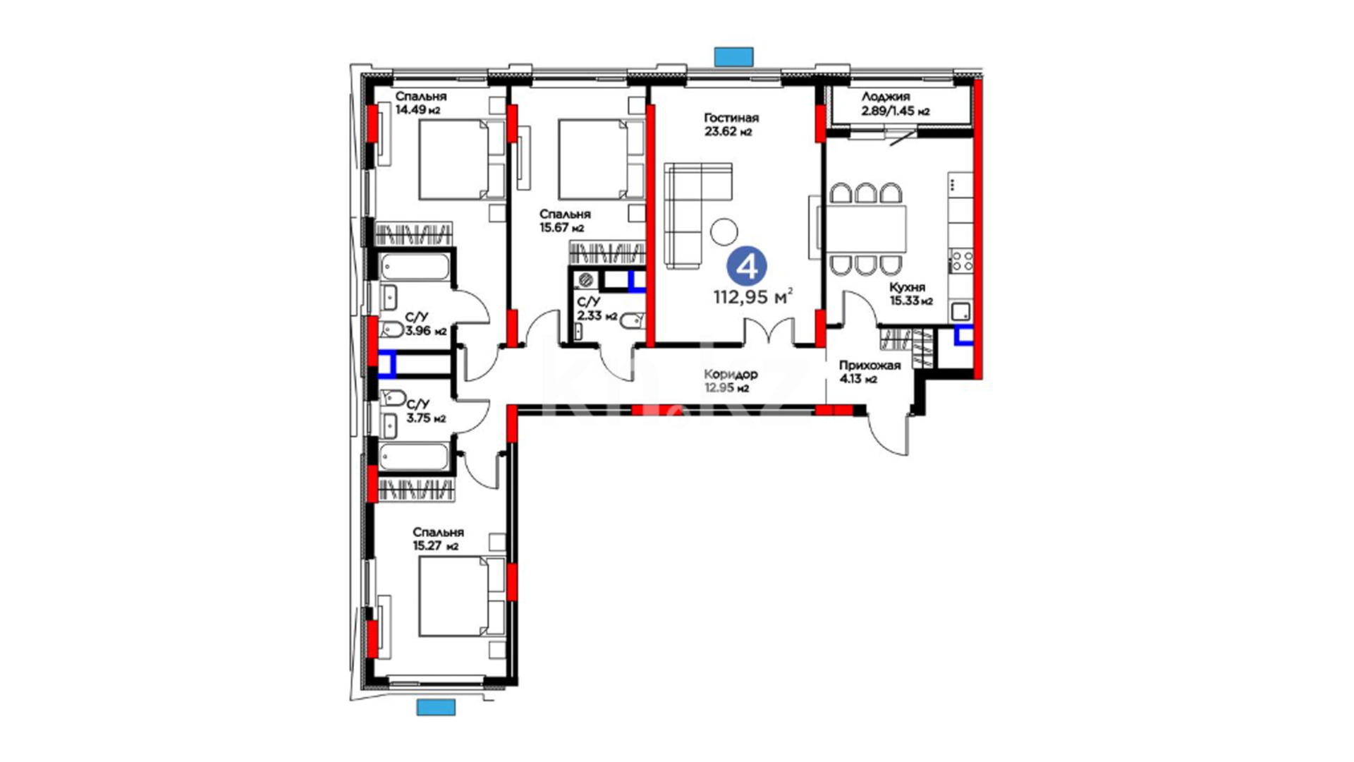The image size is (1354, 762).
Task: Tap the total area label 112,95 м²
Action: (x=752, y=296)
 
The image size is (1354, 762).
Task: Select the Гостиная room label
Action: (x=731, y=118)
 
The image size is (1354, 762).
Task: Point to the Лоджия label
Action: (x=886, y=97)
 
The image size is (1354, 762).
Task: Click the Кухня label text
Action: (x=908, y=287)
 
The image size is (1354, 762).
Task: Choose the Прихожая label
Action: (x=870, y=365)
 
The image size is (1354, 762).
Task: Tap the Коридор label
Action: (x=731, y=375)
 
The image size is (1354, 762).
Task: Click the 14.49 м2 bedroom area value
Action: (x=418, y=110)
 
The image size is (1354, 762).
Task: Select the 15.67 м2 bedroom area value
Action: (x=562, y=228)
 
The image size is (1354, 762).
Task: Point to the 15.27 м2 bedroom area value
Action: (x=436, y=545)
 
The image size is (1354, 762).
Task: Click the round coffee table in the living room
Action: (x=724, y=231)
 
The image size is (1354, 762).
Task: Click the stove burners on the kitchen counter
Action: (x=961, y=260)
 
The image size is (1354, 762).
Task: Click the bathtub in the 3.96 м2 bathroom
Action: (x=415, y=268)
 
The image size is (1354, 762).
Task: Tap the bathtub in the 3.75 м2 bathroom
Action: (x=413, y=456)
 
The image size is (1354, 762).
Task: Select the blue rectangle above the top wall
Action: (x=734, y=56)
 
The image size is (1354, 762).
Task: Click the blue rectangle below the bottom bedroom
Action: (x=436, y=707)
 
